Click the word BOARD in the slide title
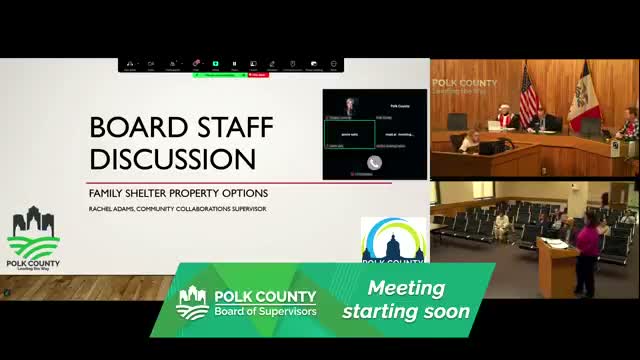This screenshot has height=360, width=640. pyautogui.click(x=133, y=128)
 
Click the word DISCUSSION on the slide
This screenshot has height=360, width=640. pyautogui.click(x=173, y=159)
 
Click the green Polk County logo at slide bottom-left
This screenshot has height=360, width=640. pyautogui.click(x=33, y=241)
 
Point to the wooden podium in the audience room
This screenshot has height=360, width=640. pyautogui.click(x=555, y=264)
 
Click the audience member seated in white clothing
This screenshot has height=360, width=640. pyautogui.click(x=501, y=225)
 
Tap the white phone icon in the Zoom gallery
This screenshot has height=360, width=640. pyautogui.click(x=374, y=162)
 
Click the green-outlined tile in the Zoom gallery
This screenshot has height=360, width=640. pyautogui.click(x=349, y=133)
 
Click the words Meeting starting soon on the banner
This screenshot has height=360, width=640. pyautogui.click(x=405, y=300)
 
